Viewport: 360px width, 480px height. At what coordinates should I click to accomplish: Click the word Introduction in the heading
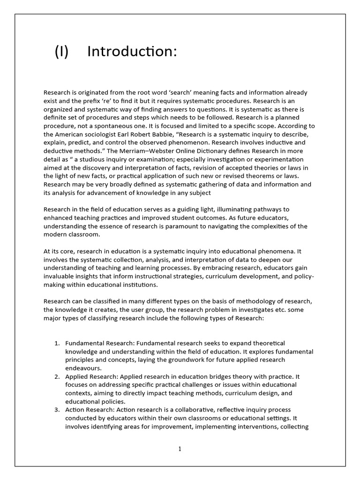click(x=132, y=52)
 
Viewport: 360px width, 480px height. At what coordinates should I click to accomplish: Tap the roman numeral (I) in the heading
click(x=62, y=52)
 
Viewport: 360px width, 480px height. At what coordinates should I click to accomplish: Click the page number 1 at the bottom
click(x=180, y=449)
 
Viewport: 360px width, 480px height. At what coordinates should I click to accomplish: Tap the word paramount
click(x=184, y=226)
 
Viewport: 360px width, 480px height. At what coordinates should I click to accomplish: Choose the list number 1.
click(x=56, y=343)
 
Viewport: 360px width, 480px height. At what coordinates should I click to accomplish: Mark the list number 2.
click(x=56, y=377)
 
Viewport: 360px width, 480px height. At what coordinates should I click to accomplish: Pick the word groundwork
click(x=185, y=360)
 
